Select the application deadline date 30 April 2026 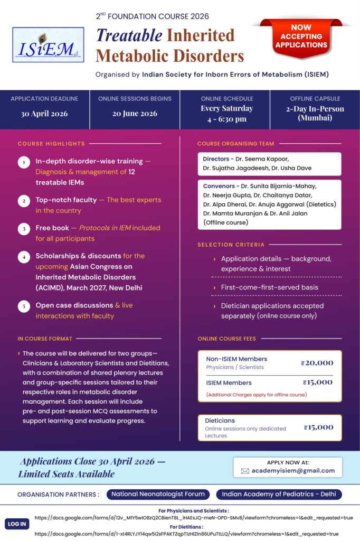tap(44, 114)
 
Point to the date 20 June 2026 tap(135, 114)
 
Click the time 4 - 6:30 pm tap(227, 119)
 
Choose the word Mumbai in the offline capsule tap(315, 118)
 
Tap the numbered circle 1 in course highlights tap(24, 162)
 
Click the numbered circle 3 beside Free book tap(24, 229)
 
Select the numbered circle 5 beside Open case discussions tap(24, 306)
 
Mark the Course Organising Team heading tap(235, 144)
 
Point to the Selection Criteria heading tap(231, 245)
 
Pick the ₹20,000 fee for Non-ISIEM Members tap(317, 362)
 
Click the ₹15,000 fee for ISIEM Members tap(318, 382)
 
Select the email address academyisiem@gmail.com tap(293, 470)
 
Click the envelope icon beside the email tap(245, 471)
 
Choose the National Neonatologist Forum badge tap(158, 495)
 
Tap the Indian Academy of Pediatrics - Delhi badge tap(279, 495)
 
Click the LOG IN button tap(17, 524)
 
